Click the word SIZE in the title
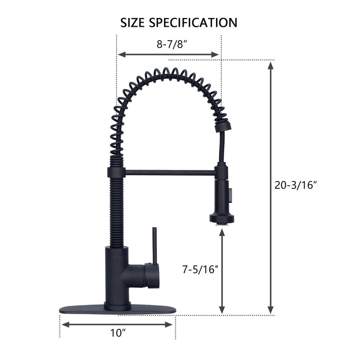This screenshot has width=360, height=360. point(134,23)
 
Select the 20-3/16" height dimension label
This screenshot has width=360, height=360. point(295,186)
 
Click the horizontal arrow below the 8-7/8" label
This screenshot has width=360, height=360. point(169,54)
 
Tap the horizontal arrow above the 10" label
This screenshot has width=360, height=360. point(117,324)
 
